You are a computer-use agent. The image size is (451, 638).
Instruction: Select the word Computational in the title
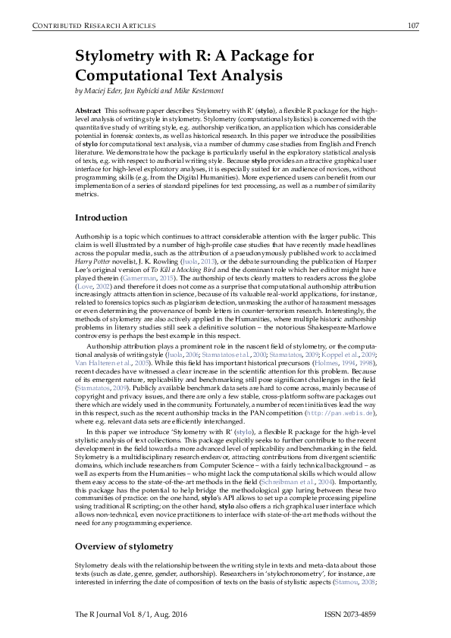(x=134, y=76)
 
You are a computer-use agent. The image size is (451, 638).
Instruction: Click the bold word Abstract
(x=88, y=111)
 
